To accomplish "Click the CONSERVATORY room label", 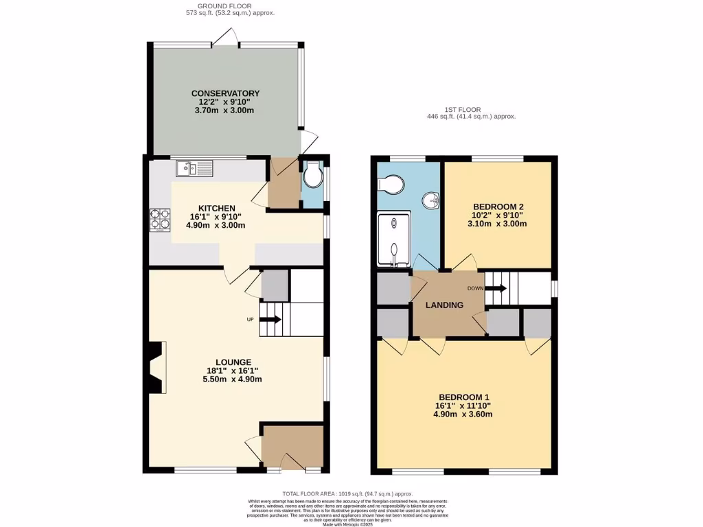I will pos(225,93).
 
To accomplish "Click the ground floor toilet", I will pos(313,177).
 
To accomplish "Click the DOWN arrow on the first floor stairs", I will pos(497,288).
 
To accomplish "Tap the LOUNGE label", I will pos(233,362).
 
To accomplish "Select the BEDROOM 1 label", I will pos(464,397).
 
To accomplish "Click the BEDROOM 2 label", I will pos(498,206).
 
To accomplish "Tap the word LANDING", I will pos(443,305).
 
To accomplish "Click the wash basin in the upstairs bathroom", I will pos(432,201).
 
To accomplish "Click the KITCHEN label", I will pos(217,208).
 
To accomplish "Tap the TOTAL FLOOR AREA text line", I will pos(347,493).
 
